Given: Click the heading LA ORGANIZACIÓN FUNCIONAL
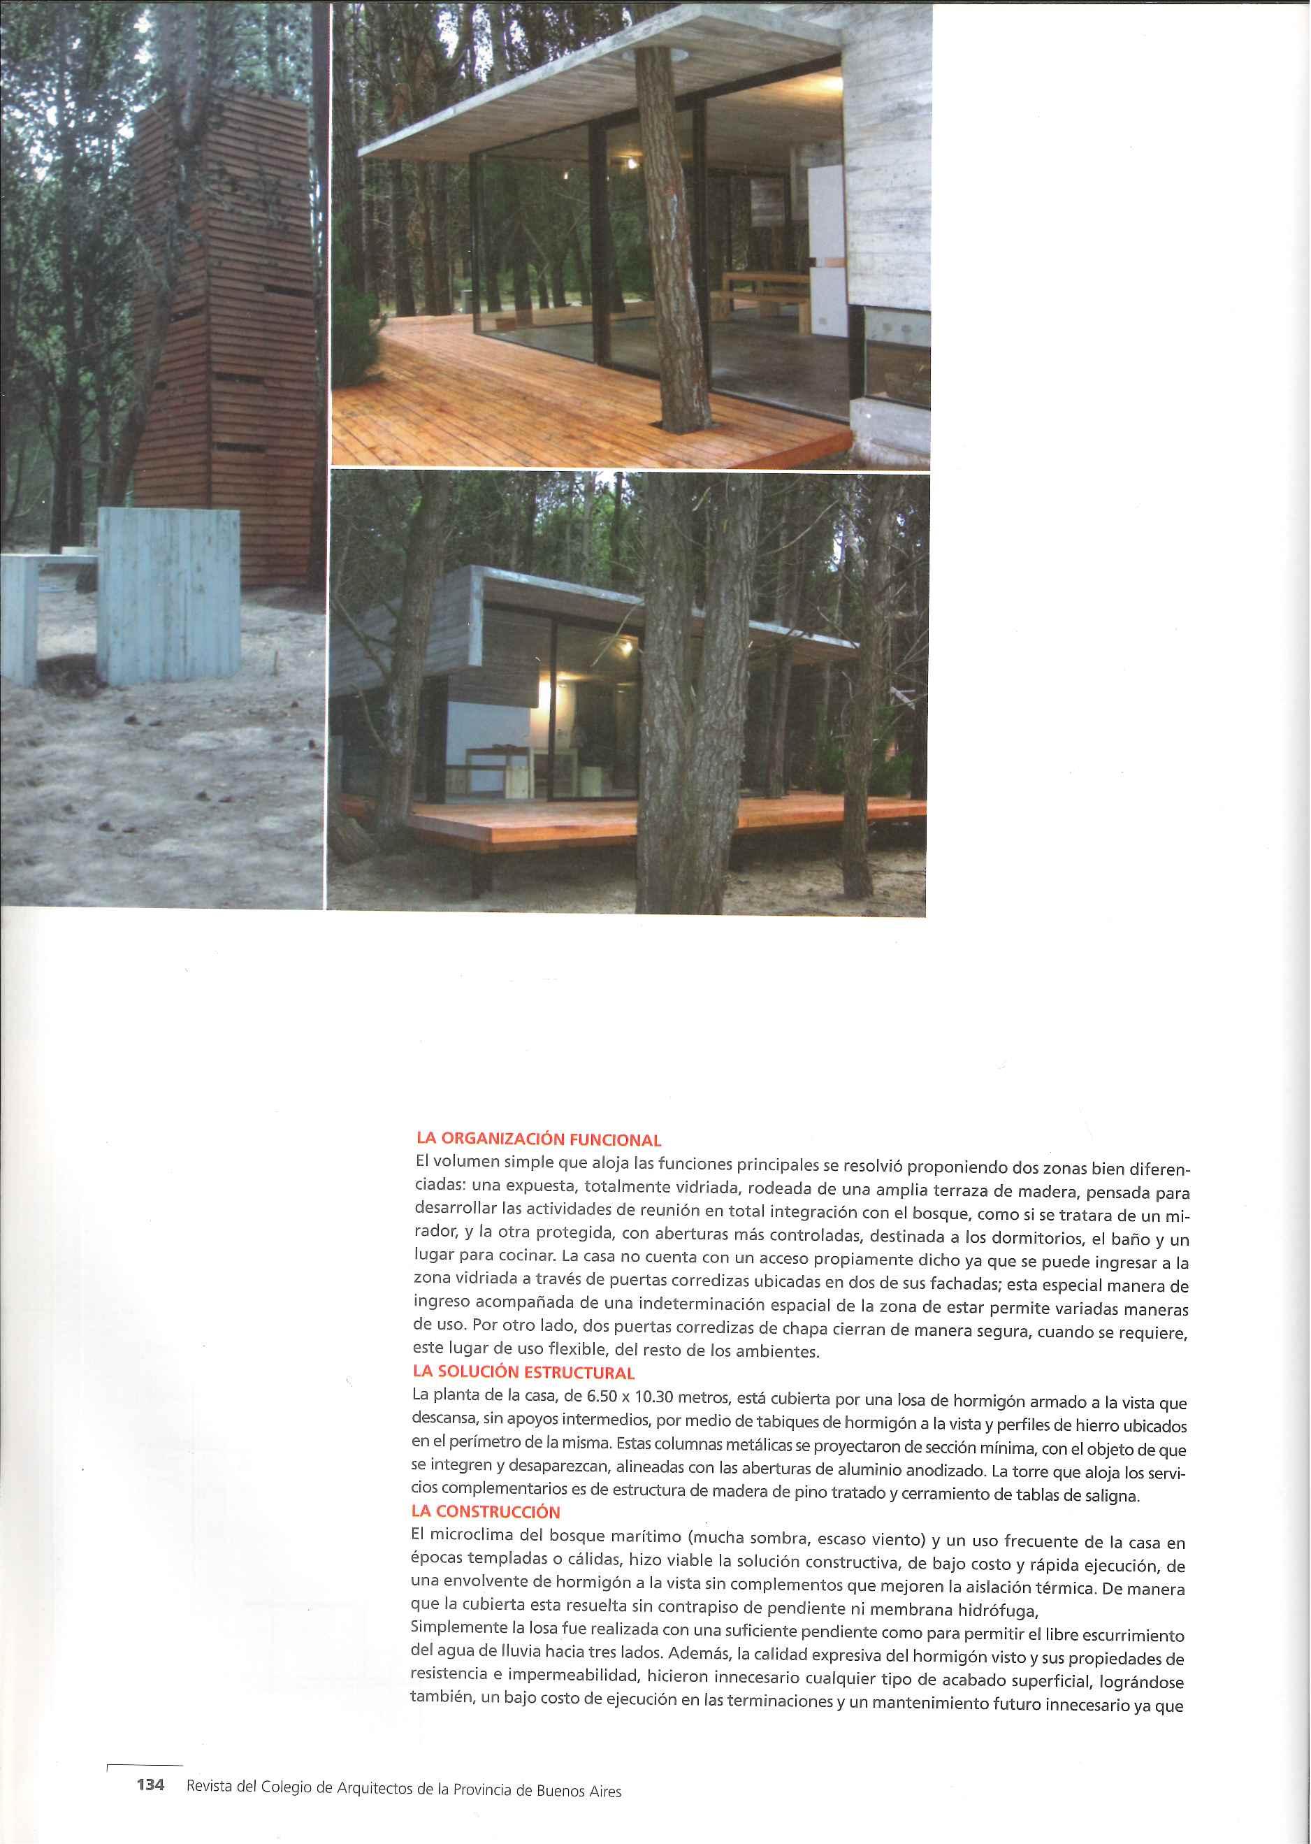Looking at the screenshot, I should pyautogui.click(x=538, y=1140).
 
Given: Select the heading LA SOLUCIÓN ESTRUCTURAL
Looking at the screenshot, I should pyautogui.click(x=524, y=1371).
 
